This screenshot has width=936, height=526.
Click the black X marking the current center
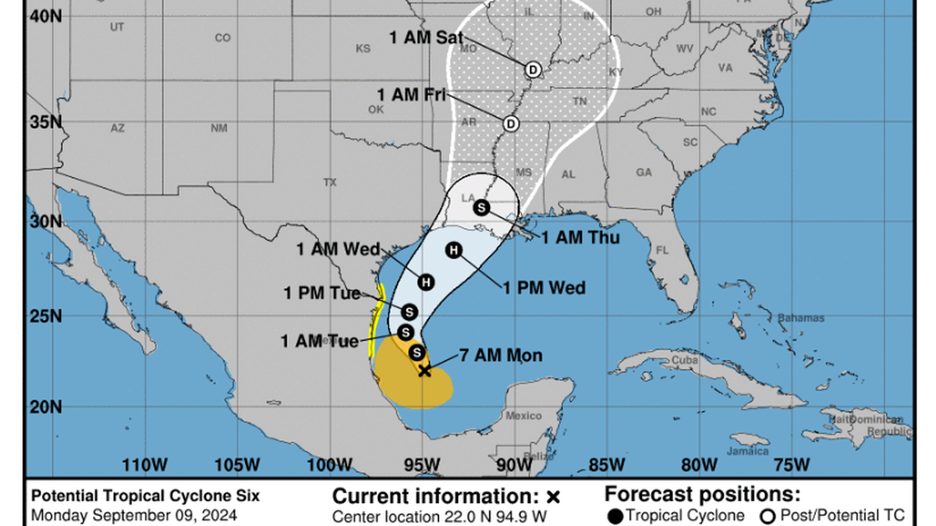(424, 370)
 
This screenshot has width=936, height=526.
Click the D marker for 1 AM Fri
(510, 123)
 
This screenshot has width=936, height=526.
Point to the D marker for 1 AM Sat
(533, 69)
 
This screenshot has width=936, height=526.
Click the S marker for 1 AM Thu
(481, 207)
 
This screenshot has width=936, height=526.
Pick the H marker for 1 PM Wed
(453, 250)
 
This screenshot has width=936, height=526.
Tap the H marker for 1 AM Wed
(425, 282)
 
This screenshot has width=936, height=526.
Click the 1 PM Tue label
(322, 293)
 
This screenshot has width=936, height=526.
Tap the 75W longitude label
(792, 465)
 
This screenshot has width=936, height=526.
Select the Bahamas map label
(800, 318)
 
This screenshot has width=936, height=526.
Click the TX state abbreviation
(329, 183)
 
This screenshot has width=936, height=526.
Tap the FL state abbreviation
(663, 251)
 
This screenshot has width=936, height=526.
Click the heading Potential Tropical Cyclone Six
(145, 496)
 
